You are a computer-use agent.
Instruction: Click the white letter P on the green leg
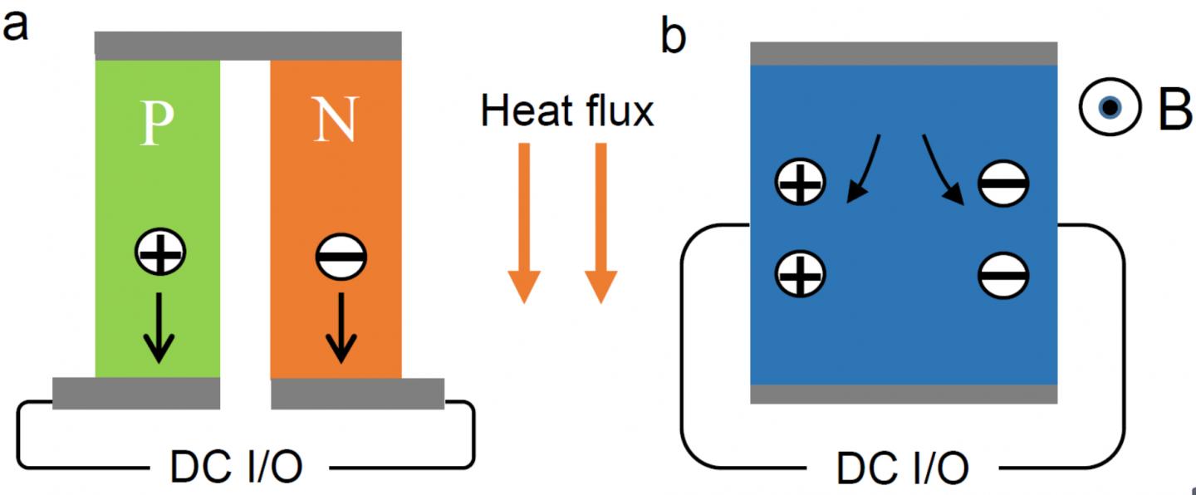[x=158, y=125]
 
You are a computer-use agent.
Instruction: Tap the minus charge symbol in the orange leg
[x=341, y=258]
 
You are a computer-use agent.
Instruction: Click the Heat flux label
[x=567, y=111]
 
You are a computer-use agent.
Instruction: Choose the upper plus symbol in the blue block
[x=800, y=183]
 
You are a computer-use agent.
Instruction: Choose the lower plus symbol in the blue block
[x=800, y=275]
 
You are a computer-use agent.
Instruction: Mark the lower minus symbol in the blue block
[x=1003, y=275]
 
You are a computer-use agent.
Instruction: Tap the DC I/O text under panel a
[x=236, y=468]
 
